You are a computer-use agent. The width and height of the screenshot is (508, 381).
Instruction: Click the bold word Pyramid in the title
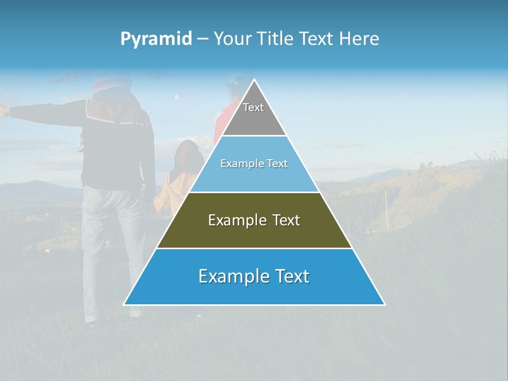pyautogui.click(x=156, y=39)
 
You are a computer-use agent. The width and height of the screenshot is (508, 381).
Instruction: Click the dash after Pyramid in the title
pyautogui.click(x=203, y=39)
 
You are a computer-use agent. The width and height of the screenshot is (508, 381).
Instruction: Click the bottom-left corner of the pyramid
pyautogui.click(x=124, y=304)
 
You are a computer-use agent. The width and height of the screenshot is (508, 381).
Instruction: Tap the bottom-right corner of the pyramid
pyautogui.click(x=385, y=304)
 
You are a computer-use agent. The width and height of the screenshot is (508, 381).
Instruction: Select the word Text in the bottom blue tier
pyautogui.click(x=290, y=276)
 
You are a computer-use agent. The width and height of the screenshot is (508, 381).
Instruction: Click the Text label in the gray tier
pyautogui.click(x=253, y=107)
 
